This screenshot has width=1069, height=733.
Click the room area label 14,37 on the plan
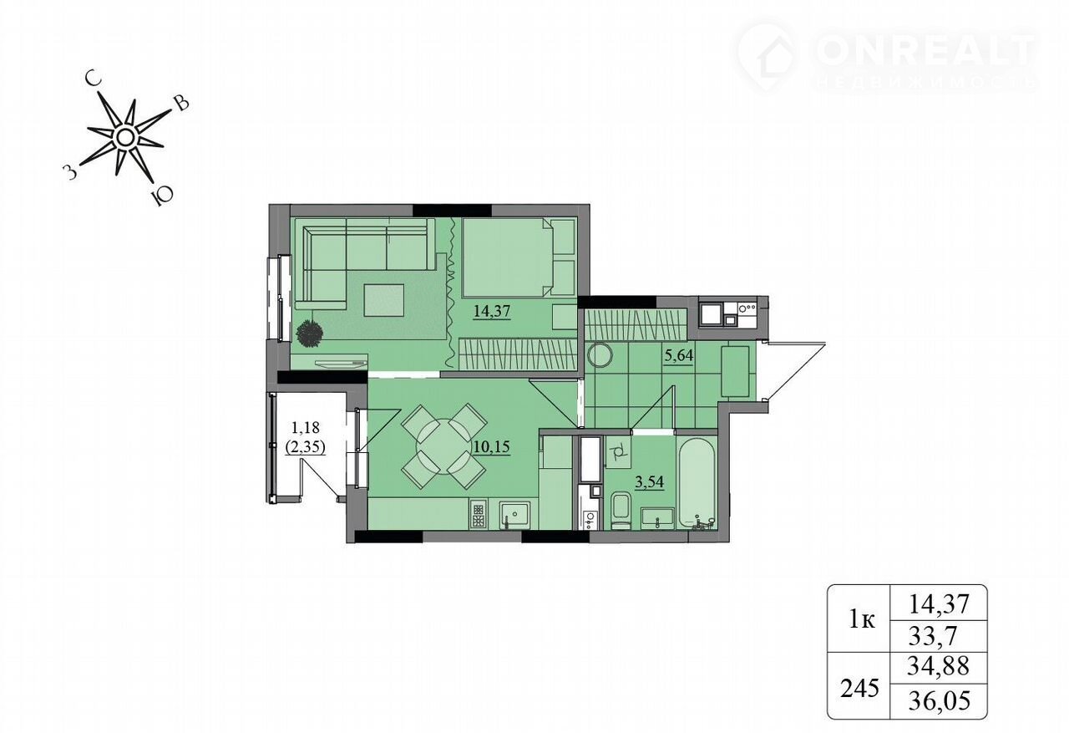[x=492, y=312]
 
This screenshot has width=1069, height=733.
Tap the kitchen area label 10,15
[x=491, y=446]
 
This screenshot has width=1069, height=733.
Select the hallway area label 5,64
[x=679, y=355]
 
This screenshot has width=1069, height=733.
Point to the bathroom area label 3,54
[x=649, y=481]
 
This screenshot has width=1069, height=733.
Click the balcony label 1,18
[x=305, y=426]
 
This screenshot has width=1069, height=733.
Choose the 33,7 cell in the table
[x=932, y=635]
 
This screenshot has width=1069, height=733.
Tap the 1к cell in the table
[x=862, y=620]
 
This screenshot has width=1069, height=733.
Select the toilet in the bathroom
[x=621, y=510]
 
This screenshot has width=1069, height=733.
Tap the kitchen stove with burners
[x=477, y=514]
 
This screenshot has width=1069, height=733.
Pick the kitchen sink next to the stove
[x=515, y=515]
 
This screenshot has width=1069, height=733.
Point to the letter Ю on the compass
[x=161, y=196]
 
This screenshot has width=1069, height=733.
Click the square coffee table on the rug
[x=383, y=300]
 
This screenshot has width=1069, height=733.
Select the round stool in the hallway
[x=600, y=355]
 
